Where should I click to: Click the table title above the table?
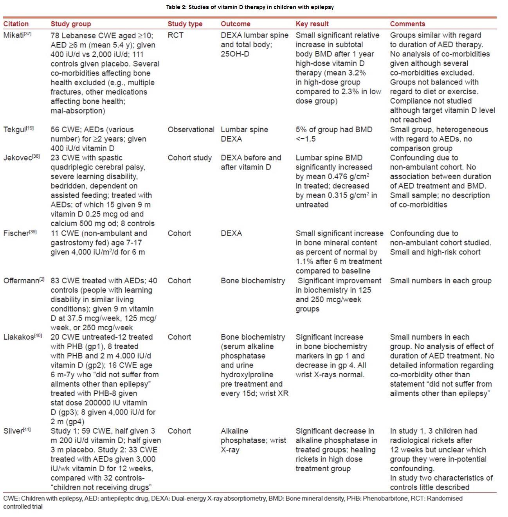(250, 7)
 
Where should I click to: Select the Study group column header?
(70, 24)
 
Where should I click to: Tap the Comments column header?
(407, 24)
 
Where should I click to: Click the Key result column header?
(312, 24)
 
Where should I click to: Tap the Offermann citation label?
(21, 281)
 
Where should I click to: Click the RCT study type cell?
(175, 35)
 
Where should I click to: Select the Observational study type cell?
(191, 130)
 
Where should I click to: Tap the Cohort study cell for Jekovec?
(189, 158)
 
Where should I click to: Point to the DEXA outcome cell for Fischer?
(231, 233)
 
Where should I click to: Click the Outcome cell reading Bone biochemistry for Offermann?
(253, 281)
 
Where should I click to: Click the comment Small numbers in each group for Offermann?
(441, 281)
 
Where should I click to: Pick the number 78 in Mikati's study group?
(55, 36)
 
